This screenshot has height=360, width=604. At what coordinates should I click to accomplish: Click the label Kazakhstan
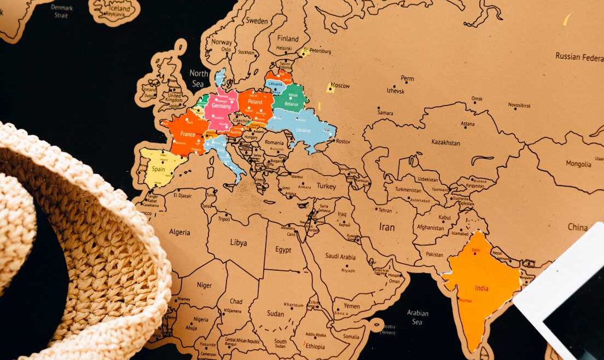(x=445, y=142)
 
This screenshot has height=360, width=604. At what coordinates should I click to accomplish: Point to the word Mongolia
(x=578, y=164)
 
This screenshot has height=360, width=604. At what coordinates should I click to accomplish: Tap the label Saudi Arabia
(x=340, y=256)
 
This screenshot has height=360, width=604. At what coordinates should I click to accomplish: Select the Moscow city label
(x=340, y=86)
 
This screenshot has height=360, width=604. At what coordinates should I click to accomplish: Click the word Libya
(x=238, y=242)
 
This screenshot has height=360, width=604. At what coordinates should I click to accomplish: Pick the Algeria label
(x=179, y=232)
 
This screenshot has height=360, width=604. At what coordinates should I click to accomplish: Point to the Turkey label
(x=326, y=186)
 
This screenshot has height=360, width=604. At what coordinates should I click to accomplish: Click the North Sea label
(x=199, y=78)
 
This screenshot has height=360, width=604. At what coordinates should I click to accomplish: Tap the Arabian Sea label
(x=417, y=317)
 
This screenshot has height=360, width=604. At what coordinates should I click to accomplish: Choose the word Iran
(x=387, y=226)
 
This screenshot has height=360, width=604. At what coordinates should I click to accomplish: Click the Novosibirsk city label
(x=519, y=104)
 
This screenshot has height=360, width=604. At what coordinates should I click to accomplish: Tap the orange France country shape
(x=187, y=133)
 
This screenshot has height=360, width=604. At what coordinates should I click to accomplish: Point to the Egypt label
(x=283, y=249)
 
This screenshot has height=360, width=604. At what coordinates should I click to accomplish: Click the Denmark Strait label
(x=62, y=11)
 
